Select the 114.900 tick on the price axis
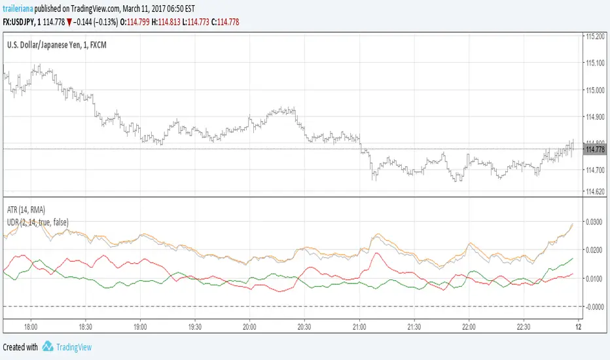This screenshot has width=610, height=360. pyautogui.click(x=595, y=117)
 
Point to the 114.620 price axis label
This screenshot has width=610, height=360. pyautogui.click(x=595, y=192)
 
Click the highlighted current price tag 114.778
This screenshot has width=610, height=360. pyautogui.click(x=595, y=149)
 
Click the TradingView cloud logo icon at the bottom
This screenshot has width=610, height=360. pyautogui.click(x=48, y=347)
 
